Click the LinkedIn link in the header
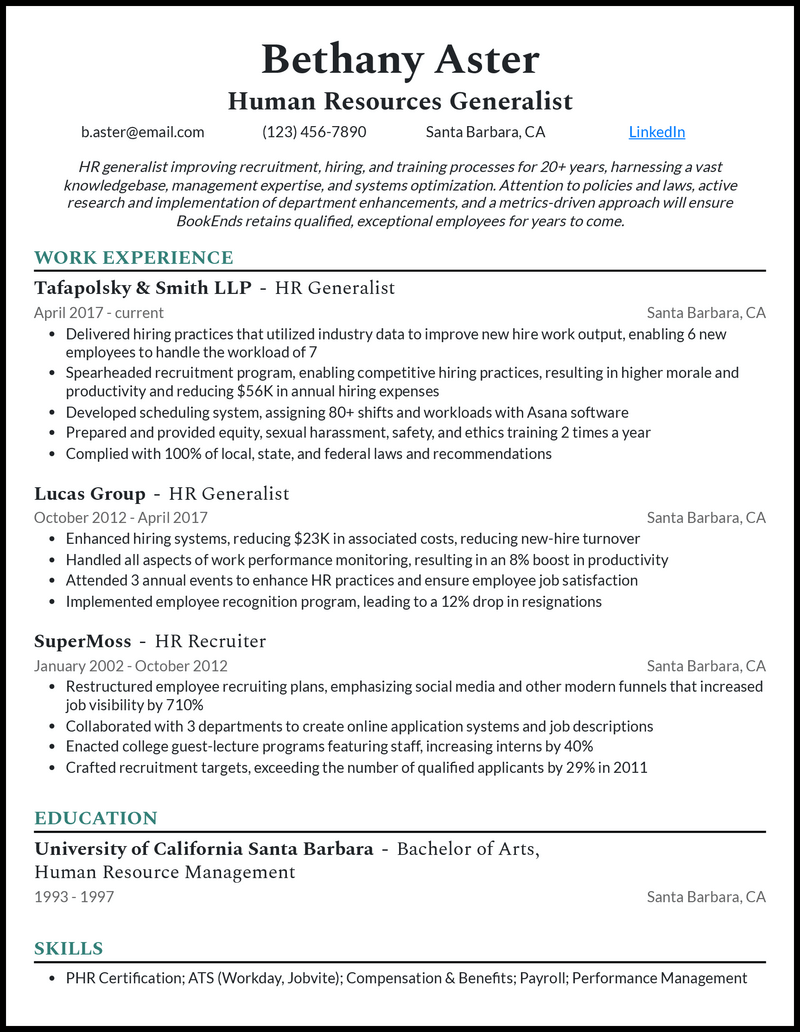pyautogui.click(x=657, y=132)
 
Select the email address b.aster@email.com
pyautogui.click(x=143, y=132)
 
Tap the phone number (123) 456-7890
pyautogui.click(x=314, y=132)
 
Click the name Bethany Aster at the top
pyautogui.click(x=400, y=60)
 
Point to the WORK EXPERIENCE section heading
pyautogui.click(x=133, y=258)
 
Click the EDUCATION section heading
pyautogui.click(x=96, y=819)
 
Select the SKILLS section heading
pyautogui.click(x=69, y=948)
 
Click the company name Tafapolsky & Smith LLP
pyautogui.click(x=143, y=288)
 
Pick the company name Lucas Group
pyautogui.click(x=90, y=493)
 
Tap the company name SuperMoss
pyautogui.click(x=83, y=641)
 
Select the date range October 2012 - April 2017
pyautogui.click(x=121, y=518)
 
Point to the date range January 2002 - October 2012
pyautogui.click(x=131, y=666)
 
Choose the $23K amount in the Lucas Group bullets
pyautogui.click(x=313, y=539)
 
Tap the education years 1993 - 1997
pyautogui.click(x=74, y=897)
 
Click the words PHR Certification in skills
pyautogui.click(x=123, y=978)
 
